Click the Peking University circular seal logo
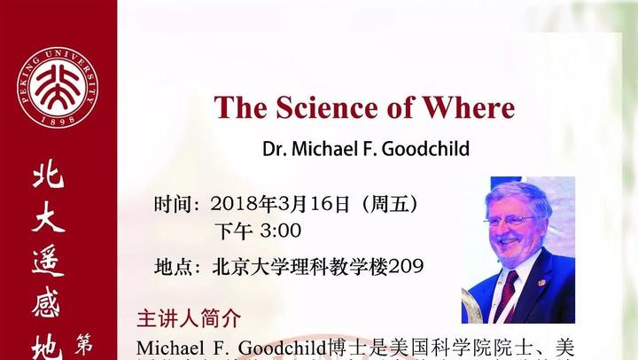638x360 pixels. tap(56, 86)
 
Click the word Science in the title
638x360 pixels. tap(323, 107)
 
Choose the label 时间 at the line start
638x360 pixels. tap(173, 203)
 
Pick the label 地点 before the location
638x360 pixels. tap(173, 266)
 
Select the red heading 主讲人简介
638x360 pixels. tap(189, 318)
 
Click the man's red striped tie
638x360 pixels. tap(508, 292)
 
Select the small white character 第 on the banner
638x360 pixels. tap(87, 341)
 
